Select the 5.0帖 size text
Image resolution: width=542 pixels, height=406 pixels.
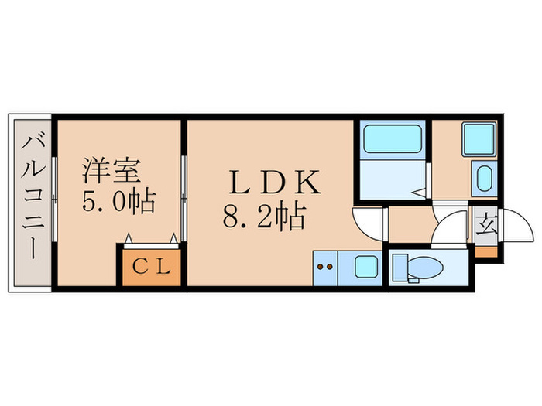point(118,201)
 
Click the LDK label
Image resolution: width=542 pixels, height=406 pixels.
point(273,183)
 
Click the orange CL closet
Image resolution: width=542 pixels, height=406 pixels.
point(150,268)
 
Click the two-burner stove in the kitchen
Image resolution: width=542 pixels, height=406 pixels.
point(326,268)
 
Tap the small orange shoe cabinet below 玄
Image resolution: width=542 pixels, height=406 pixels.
point(486,251)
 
